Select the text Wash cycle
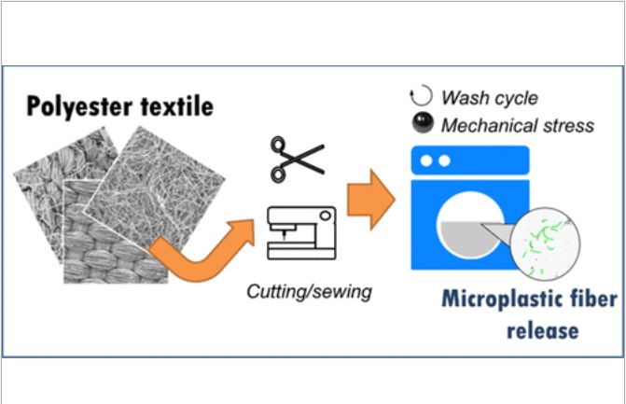(490, 97)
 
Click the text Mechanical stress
(518, 125)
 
